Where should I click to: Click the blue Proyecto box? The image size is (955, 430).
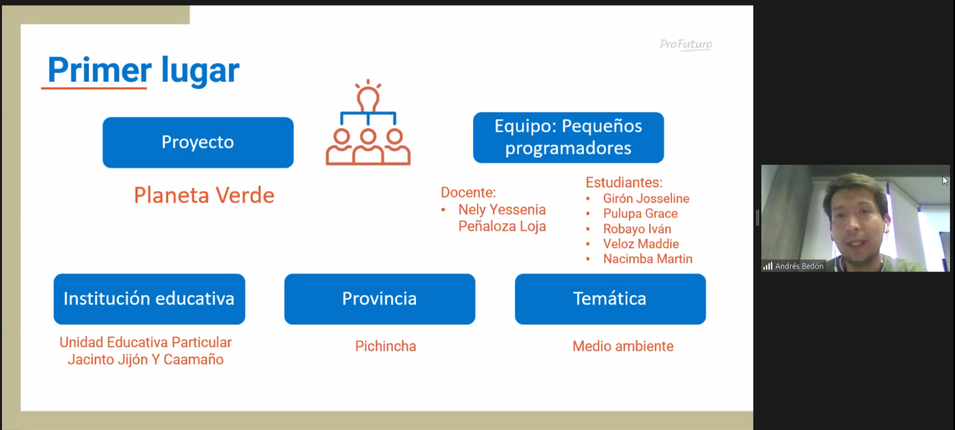[x=198, y=142]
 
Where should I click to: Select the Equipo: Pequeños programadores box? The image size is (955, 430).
[x=568, y=137]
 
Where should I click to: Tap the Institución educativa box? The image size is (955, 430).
[x=149, y=299]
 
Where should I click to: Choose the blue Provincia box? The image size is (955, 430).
[x=379, y=299]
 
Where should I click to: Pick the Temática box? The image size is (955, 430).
[x=610, y=299]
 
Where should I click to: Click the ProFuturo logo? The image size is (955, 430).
[x=686, y=45]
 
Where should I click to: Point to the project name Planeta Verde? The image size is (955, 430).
[x=204, y=195]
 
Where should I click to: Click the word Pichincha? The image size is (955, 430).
[x=385, y=346]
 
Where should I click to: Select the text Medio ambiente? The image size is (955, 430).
[x=623, y=346]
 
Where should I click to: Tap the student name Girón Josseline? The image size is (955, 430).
[x=646, y=198]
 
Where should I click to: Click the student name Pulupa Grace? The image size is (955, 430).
[x=640, y=214]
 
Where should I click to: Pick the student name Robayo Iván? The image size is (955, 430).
[x=637, y=229]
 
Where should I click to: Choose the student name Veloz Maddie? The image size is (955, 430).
[x=641, y=244]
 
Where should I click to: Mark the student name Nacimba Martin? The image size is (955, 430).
[x=648, y=259]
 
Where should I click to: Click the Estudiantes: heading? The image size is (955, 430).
[x=624, y=182]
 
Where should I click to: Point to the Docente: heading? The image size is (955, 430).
[x=468, y=192]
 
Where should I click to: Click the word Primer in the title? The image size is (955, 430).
[x=99, y=70]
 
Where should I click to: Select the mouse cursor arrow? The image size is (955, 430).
[x=944, y=181]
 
